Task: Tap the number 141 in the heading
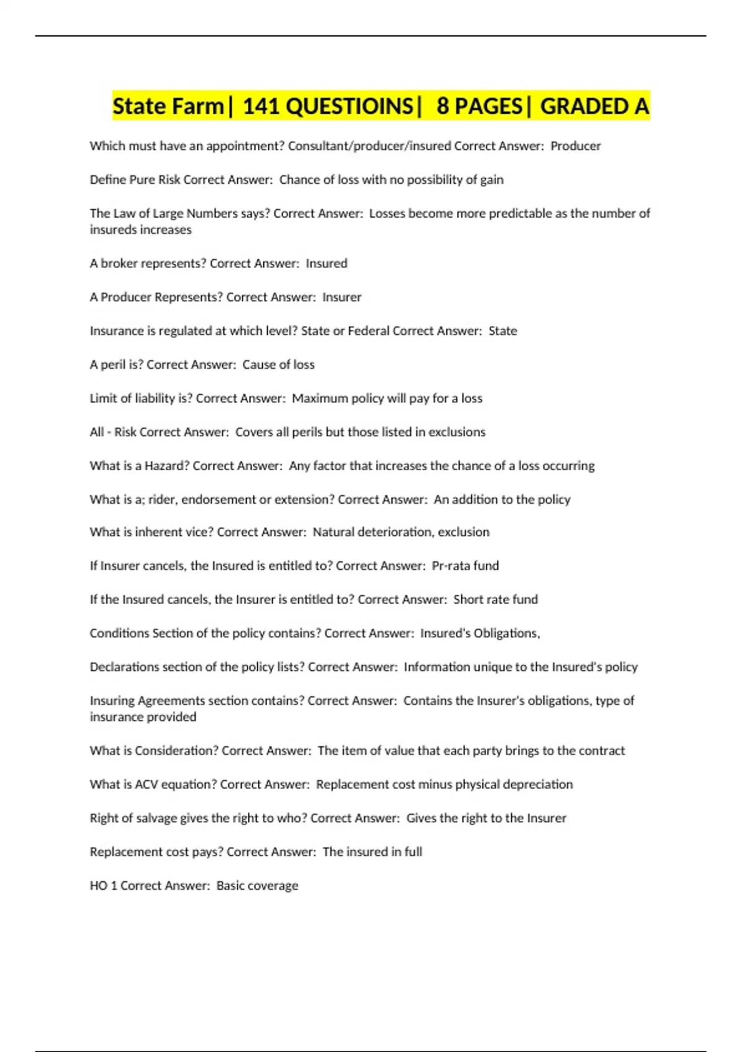262,106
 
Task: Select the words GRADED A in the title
594,106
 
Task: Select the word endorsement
219,499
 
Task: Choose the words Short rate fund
495,600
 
